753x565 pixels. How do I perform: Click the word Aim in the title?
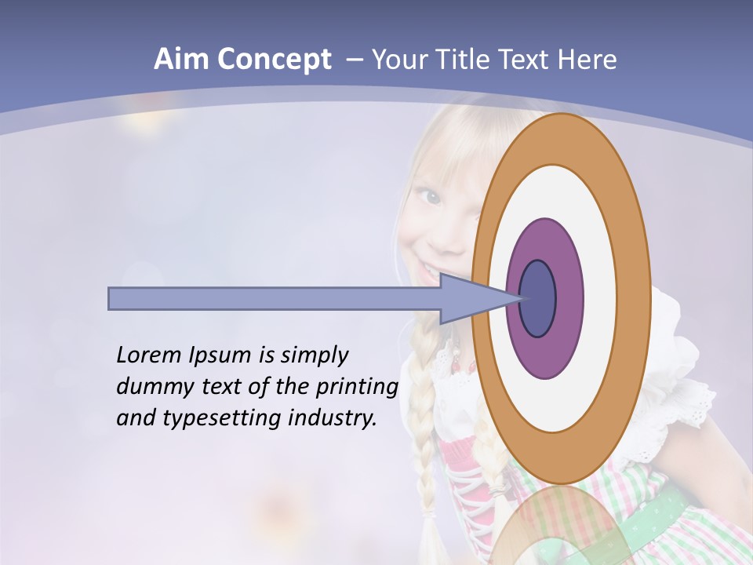point(181,60)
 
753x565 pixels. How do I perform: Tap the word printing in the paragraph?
point(357,388)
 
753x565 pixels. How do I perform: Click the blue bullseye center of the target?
point(538,299)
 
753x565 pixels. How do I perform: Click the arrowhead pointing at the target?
point(471,299)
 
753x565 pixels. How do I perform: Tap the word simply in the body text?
point(314,356)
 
